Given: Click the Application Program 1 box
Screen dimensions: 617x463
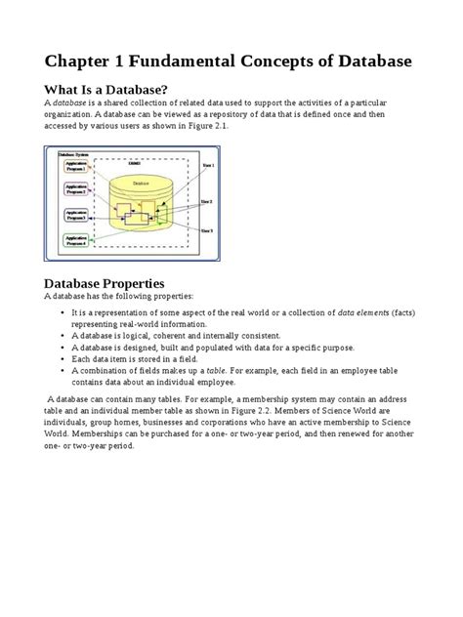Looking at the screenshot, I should [x=75, y=167].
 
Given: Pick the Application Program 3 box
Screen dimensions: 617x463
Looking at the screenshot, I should [x=75, y=214].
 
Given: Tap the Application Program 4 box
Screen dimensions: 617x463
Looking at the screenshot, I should [x=75, y=238].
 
